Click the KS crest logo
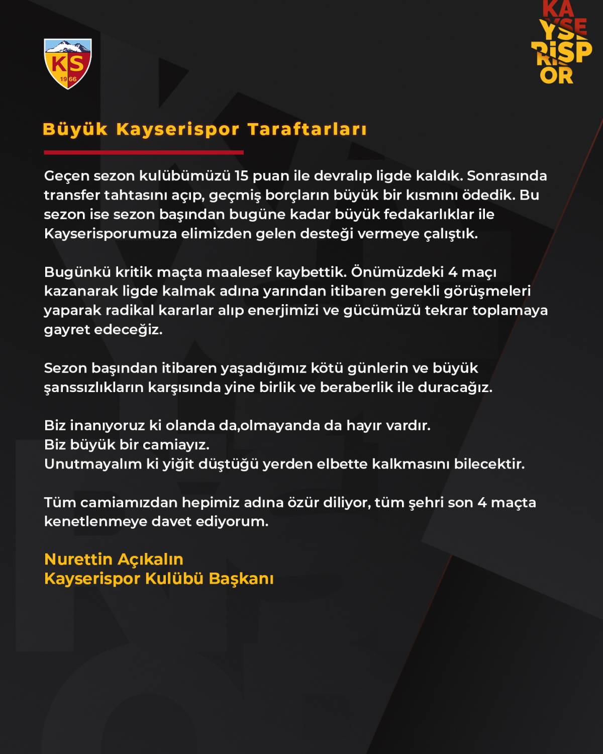coord(68,64)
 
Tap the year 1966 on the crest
coord(68,79)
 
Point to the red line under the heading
coord(144,152)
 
